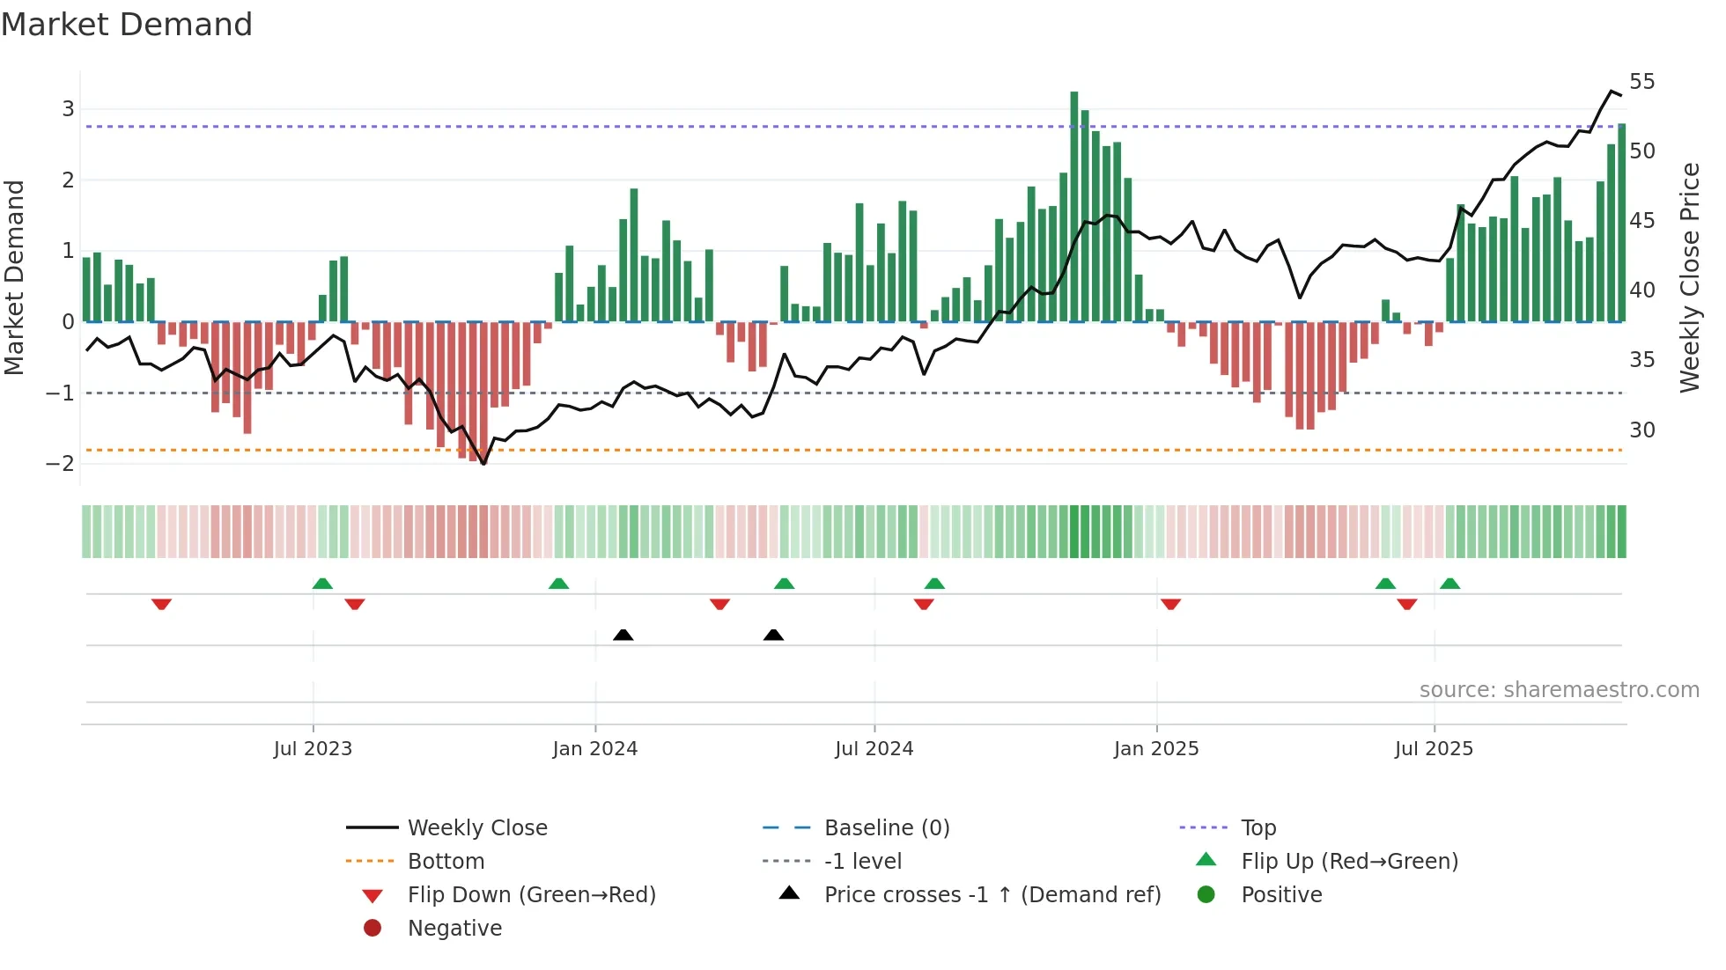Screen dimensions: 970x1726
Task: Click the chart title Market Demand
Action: [x=127, y=25]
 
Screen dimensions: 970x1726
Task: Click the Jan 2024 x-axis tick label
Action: [x=594, y=749]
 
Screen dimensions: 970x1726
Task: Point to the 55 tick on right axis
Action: [x=1641, y=82]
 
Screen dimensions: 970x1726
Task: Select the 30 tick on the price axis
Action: [x=1641, y=430]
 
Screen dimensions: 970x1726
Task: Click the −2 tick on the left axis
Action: [x=61, y=464]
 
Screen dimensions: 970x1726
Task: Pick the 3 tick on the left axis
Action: [x=68, y=109]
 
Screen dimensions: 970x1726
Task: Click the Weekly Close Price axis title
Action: [x=1689, y=277]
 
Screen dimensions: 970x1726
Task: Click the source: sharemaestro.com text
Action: [x=1559, y=690]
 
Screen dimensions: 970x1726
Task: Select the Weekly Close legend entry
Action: [x=476, y=828]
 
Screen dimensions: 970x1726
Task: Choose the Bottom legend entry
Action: [x=446, y=862]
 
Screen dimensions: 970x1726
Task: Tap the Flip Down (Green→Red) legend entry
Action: [x=531, y=895]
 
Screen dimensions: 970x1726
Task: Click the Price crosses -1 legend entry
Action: [x=992, y=895]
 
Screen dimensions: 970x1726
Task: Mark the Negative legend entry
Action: [x=454, y=929]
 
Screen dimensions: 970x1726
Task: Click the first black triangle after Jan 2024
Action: [x=623, y=635]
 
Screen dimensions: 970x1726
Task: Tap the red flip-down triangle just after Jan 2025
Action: [x=1170, y=604]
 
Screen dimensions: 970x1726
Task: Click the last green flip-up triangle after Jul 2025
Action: [x=1449, y=584]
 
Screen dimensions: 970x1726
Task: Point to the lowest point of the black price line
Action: [x=483, y=463]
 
